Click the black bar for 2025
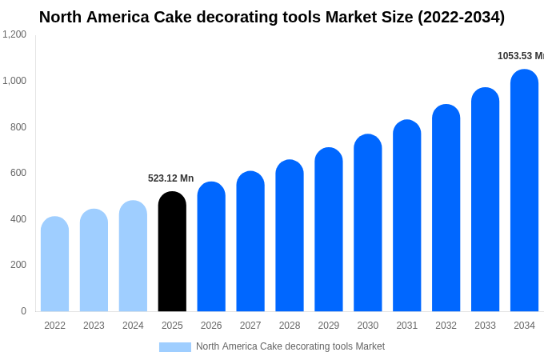pyautogui.click(x=172, y=252)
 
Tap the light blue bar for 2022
pyautogui.click(x=54, y=264)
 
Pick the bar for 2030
pyautogui.click(x=368, y=223)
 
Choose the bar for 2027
pyautogui.click(x=250, y=242)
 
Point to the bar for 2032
pyautogui.click(x=446, y=208)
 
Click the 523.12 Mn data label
pyautogui.click(x=170, y=178)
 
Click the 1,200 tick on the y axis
pyautogui.click(x=14, y=34)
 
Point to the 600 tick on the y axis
pyautogui.click(x=18, y=173)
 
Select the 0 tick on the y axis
pyautogui.click(x=23, y=311)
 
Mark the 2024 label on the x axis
pyautogui.click(x=133, y=326)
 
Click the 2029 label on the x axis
pyautogui.click(x=329, y=326)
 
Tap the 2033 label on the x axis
pyautogui.click(x=485, y=326)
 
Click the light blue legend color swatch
pyautogui.click(x=175, y=347)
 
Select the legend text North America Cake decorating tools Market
pyautogui.click(x=290, y=346)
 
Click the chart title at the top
pyautogui.click(x=272, y=17)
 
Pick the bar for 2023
pyautogui.click(x=94, y=260)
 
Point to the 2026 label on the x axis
pyautogui.click(x=211, y=326)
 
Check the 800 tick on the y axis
pyautogui.click(x=18, y=126)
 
